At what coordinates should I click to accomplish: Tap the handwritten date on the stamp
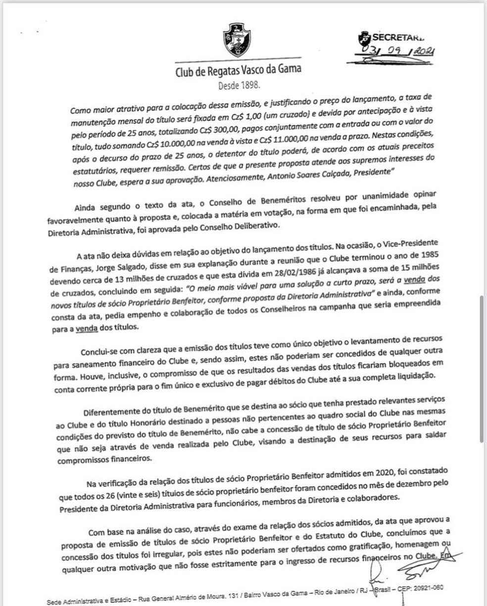click(x=390, y=52)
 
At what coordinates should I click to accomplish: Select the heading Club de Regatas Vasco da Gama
click(x=238, y=70)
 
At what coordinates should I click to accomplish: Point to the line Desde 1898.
click(x=239, y=85)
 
